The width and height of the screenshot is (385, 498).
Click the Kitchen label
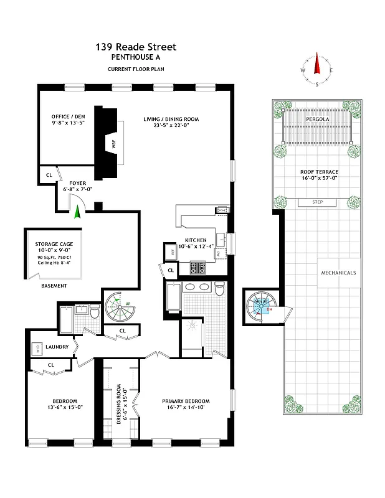point(196,239)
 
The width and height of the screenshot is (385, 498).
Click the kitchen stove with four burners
point(197,268)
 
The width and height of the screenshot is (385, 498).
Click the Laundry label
point(56,346)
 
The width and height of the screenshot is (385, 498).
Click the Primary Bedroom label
point(186,400)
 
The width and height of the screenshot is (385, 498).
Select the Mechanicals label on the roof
point(338,273)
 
